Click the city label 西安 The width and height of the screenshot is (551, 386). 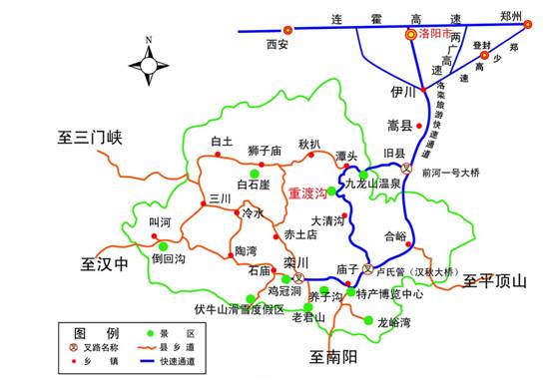click(276, 45)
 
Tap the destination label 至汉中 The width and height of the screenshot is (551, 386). click(107, 264)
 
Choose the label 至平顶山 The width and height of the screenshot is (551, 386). click(495, 282)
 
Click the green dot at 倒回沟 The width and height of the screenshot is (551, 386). click(163, 245)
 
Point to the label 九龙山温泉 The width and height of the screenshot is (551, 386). click(372, 184)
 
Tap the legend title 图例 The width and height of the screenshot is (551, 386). click(104, 330)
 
